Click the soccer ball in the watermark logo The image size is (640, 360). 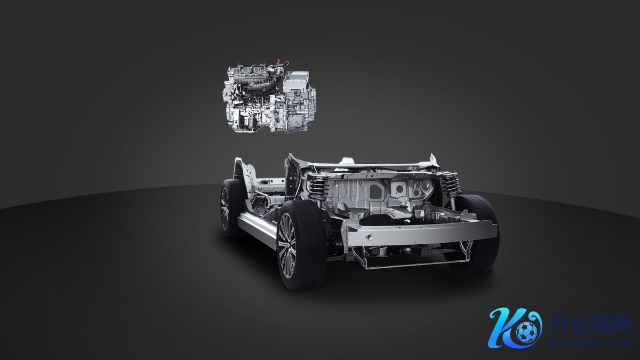pos(526,333)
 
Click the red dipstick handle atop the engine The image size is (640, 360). pos(279,62)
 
